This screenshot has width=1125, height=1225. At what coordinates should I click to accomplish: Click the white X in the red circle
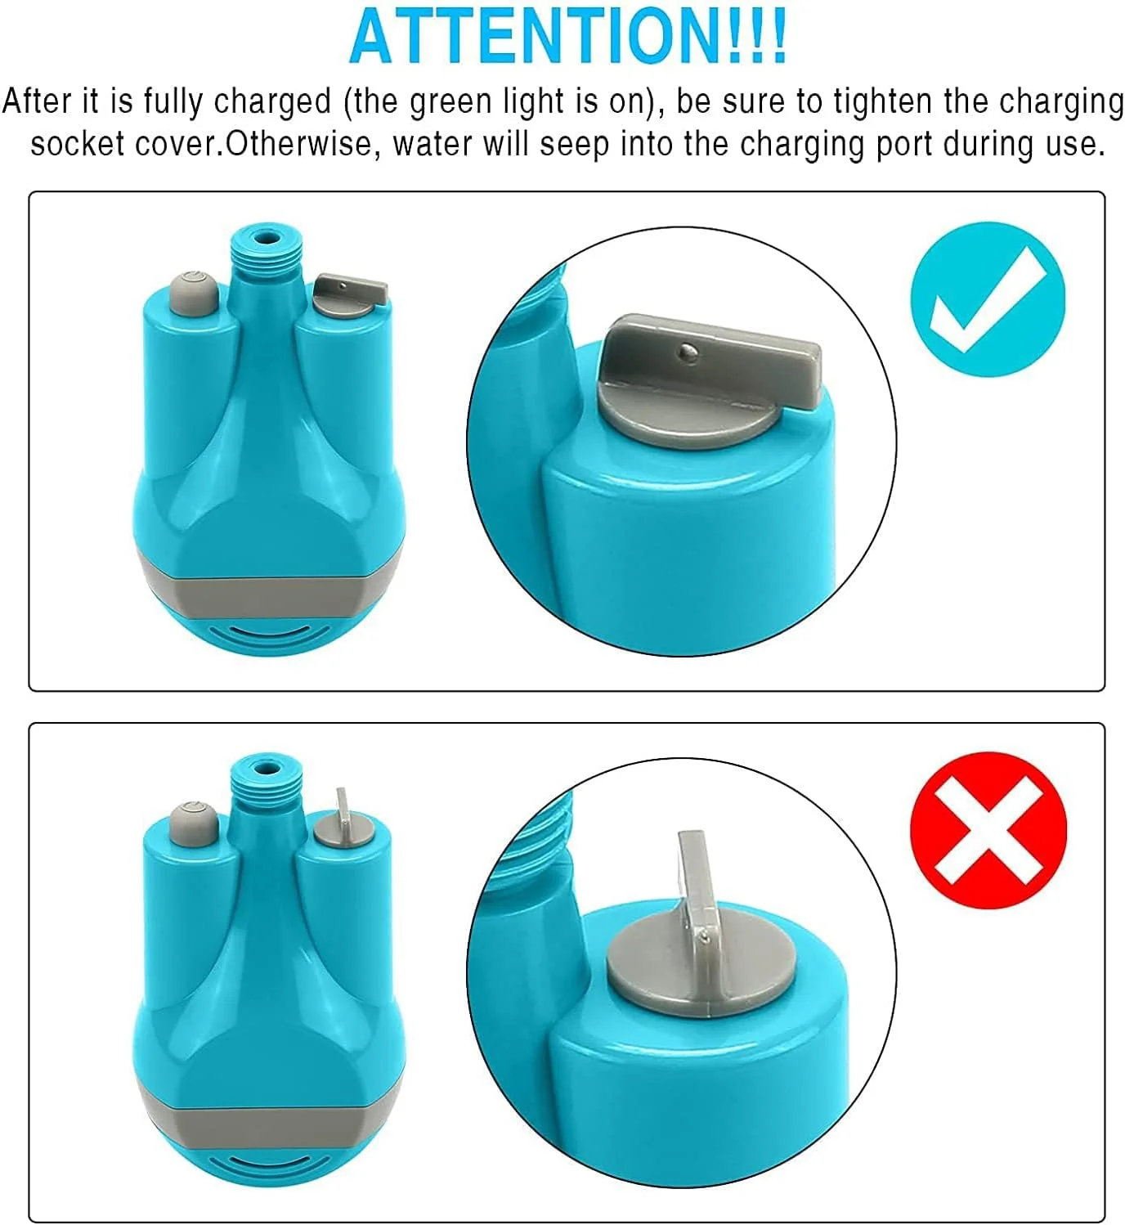pyautogui.click(x=988, y=830)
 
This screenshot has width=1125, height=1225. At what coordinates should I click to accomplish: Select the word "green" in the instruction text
pyautogui.click(x=450, y=102)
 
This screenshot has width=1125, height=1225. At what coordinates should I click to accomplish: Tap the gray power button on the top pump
pyautogui.click(x=193, y=294)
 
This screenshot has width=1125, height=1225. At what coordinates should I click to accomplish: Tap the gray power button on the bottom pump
pyautogui.click(x=193, y=824)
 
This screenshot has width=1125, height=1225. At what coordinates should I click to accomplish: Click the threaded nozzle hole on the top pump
pyautogui.click(x=264, y=236)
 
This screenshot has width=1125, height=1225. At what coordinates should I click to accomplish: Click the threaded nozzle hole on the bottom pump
pyautogui.click(x=264, y=767)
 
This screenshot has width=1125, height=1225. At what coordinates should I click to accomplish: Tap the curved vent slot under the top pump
pyautogui.click(x=269, y=633)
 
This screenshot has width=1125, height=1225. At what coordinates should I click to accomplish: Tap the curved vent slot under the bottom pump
pyautogui.click(x=269, y=1164)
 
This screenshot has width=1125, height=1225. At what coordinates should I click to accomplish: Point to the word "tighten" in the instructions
pyautogui.click(x=883, y=102)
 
